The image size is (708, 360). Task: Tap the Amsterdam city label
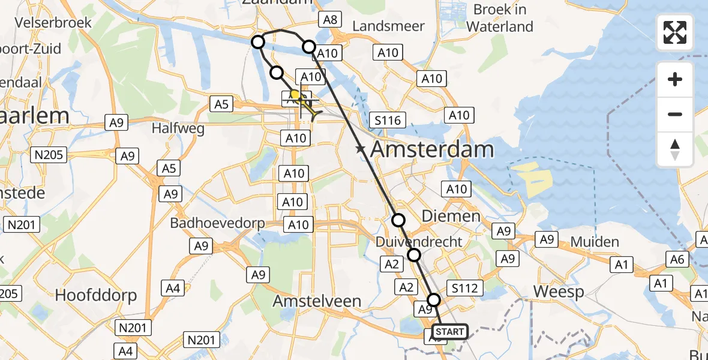(433, 149)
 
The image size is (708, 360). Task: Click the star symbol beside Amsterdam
(360, 149)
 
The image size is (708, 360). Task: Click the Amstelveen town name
(317, 301)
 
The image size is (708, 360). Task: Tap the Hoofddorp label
(96, 295)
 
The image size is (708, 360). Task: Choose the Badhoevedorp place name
(217, 223)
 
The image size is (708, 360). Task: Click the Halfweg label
(178, 128)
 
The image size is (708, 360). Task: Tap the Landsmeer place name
(388, 26)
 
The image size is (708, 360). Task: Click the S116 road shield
(387, 120)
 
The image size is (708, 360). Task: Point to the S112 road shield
(465, 289)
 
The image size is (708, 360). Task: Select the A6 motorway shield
(678, 259)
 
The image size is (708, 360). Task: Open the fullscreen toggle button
(675, 32)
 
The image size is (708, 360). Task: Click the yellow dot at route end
(295, 95)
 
